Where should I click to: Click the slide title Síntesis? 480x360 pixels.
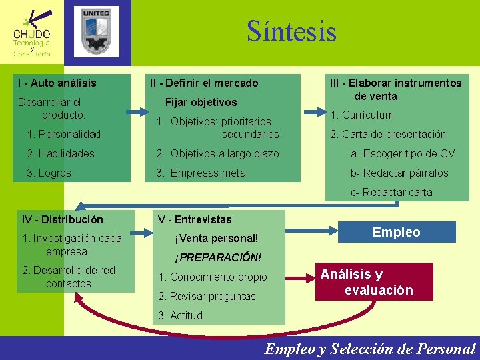(x=291, y=31)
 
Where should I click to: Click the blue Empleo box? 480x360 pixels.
(x=396, y=232)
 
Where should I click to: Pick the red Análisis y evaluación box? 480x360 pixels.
(x=373, y=281)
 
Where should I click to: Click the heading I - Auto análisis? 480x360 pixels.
(x=57, y=83)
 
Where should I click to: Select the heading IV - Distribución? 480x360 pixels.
(x=63, y=219)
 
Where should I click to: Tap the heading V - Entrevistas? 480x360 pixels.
(x=195, y=219)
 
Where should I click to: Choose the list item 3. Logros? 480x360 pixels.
(x=48, y=173)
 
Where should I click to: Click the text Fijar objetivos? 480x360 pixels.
(x=201, y=103)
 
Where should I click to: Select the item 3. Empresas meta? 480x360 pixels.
(x=201, y=173)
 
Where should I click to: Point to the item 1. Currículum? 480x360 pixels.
(x=362, y=115)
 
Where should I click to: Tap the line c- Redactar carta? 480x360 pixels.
(x=392, y=192)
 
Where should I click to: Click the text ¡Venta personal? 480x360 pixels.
(x=216, y=239)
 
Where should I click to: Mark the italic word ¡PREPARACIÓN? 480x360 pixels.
(x=218, y=257)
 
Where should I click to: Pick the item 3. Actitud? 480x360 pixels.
(x=181, y=315)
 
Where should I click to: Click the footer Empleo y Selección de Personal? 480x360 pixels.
(x=370, y=348)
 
